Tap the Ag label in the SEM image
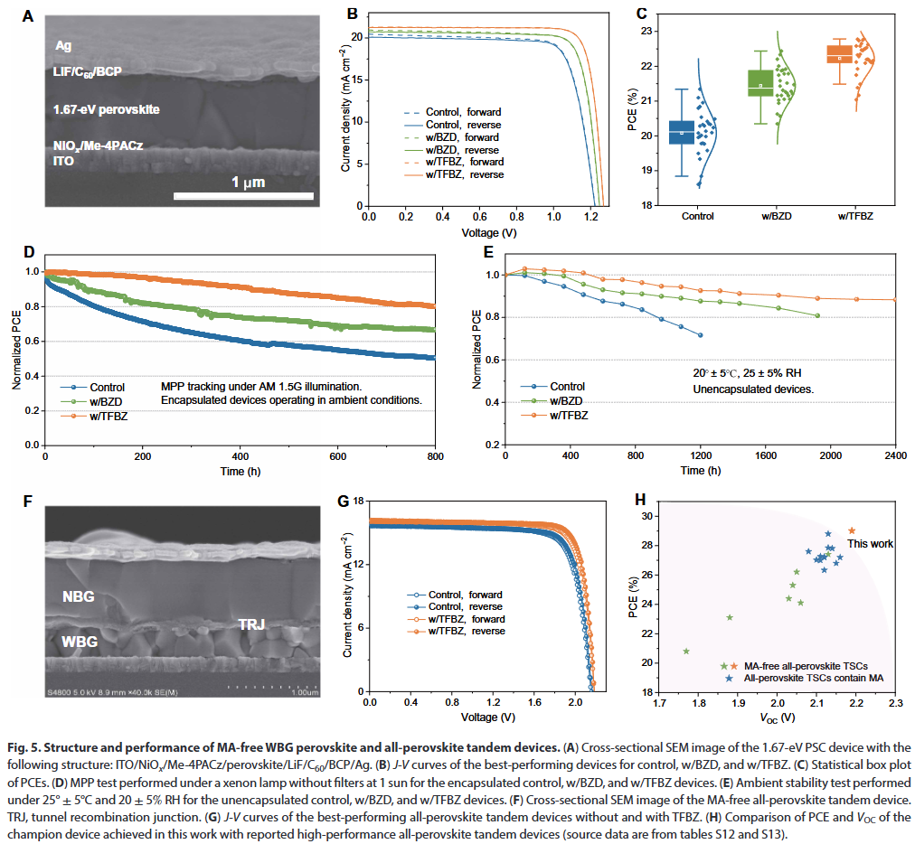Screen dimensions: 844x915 [x=63, y=44]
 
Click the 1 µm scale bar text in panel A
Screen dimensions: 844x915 [x=248, y=183]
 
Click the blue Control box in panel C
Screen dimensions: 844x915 [x=681, y=132]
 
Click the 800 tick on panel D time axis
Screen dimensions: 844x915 [x=435, y=458]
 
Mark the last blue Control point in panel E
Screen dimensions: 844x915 [x=700, y=335]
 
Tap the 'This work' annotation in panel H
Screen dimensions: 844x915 [x=870, y=544]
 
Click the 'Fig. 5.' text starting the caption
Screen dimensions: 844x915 [x=33, y=748]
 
